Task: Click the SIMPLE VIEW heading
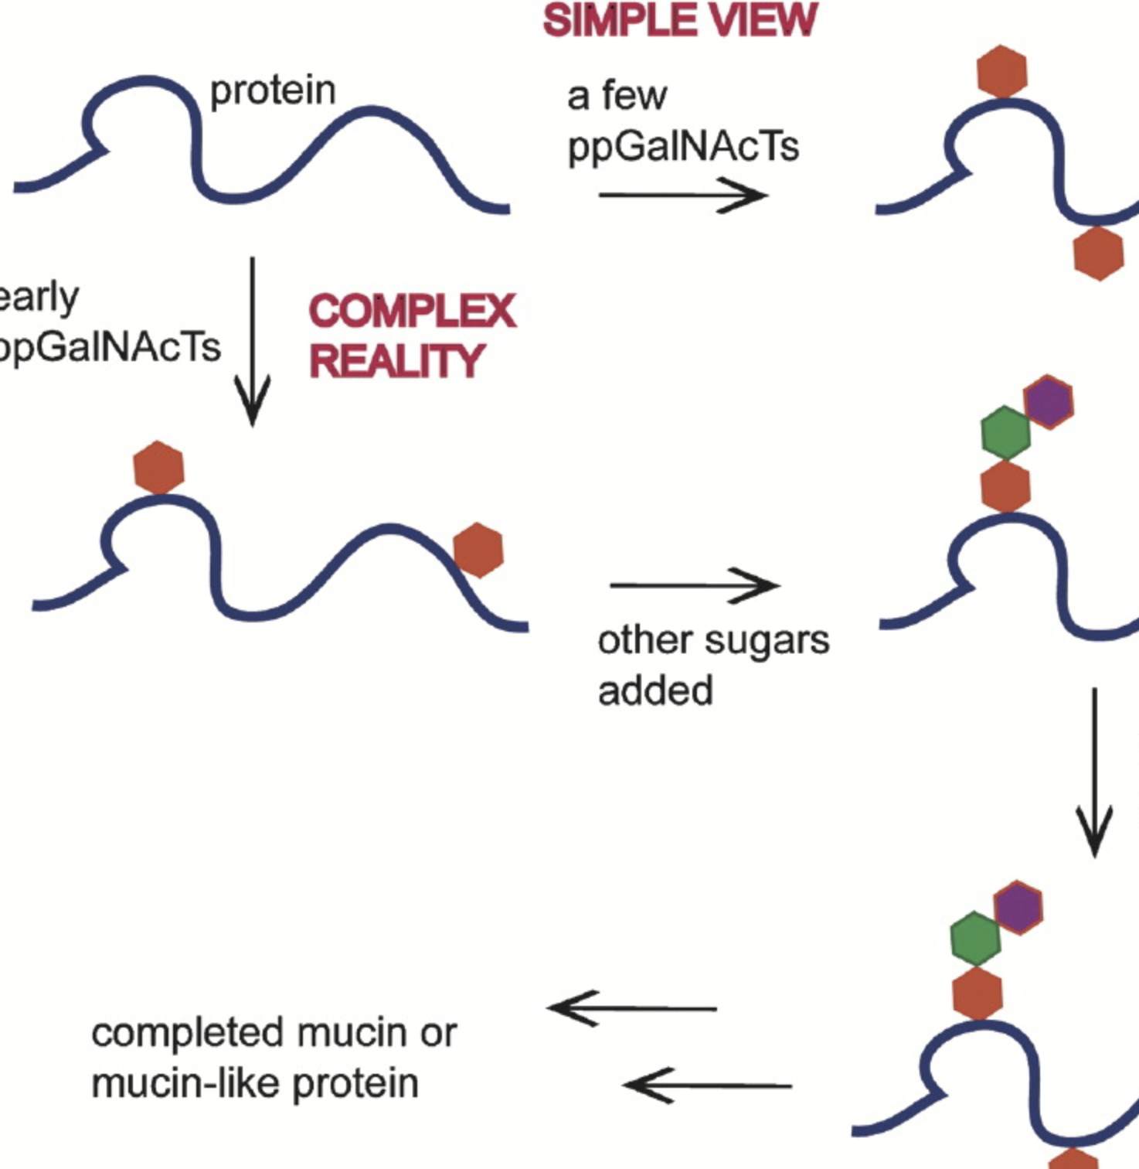[680, 21]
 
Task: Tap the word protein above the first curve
[273, 91]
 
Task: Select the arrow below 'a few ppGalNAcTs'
[682, 195]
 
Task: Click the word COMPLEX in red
[412, 312]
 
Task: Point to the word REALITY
[396, 362]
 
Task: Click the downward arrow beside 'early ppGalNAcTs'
[253, 340]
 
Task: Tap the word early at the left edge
[39, 298]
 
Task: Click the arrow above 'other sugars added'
[693, 585]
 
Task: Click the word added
[655, 690]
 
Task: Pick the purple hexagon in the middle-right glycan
[1048, 401]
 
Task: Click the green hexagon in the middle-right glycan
[1005, 433]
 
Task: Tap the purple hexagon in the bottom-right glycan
[1018, 907]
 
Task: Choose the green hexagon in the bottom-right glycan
[975, 938]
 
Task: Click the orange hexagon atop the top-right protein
[1001, 71]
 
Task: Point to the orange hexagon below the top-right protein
[1098, 253]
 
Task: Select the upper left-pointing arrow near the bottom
[631, 1008]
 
